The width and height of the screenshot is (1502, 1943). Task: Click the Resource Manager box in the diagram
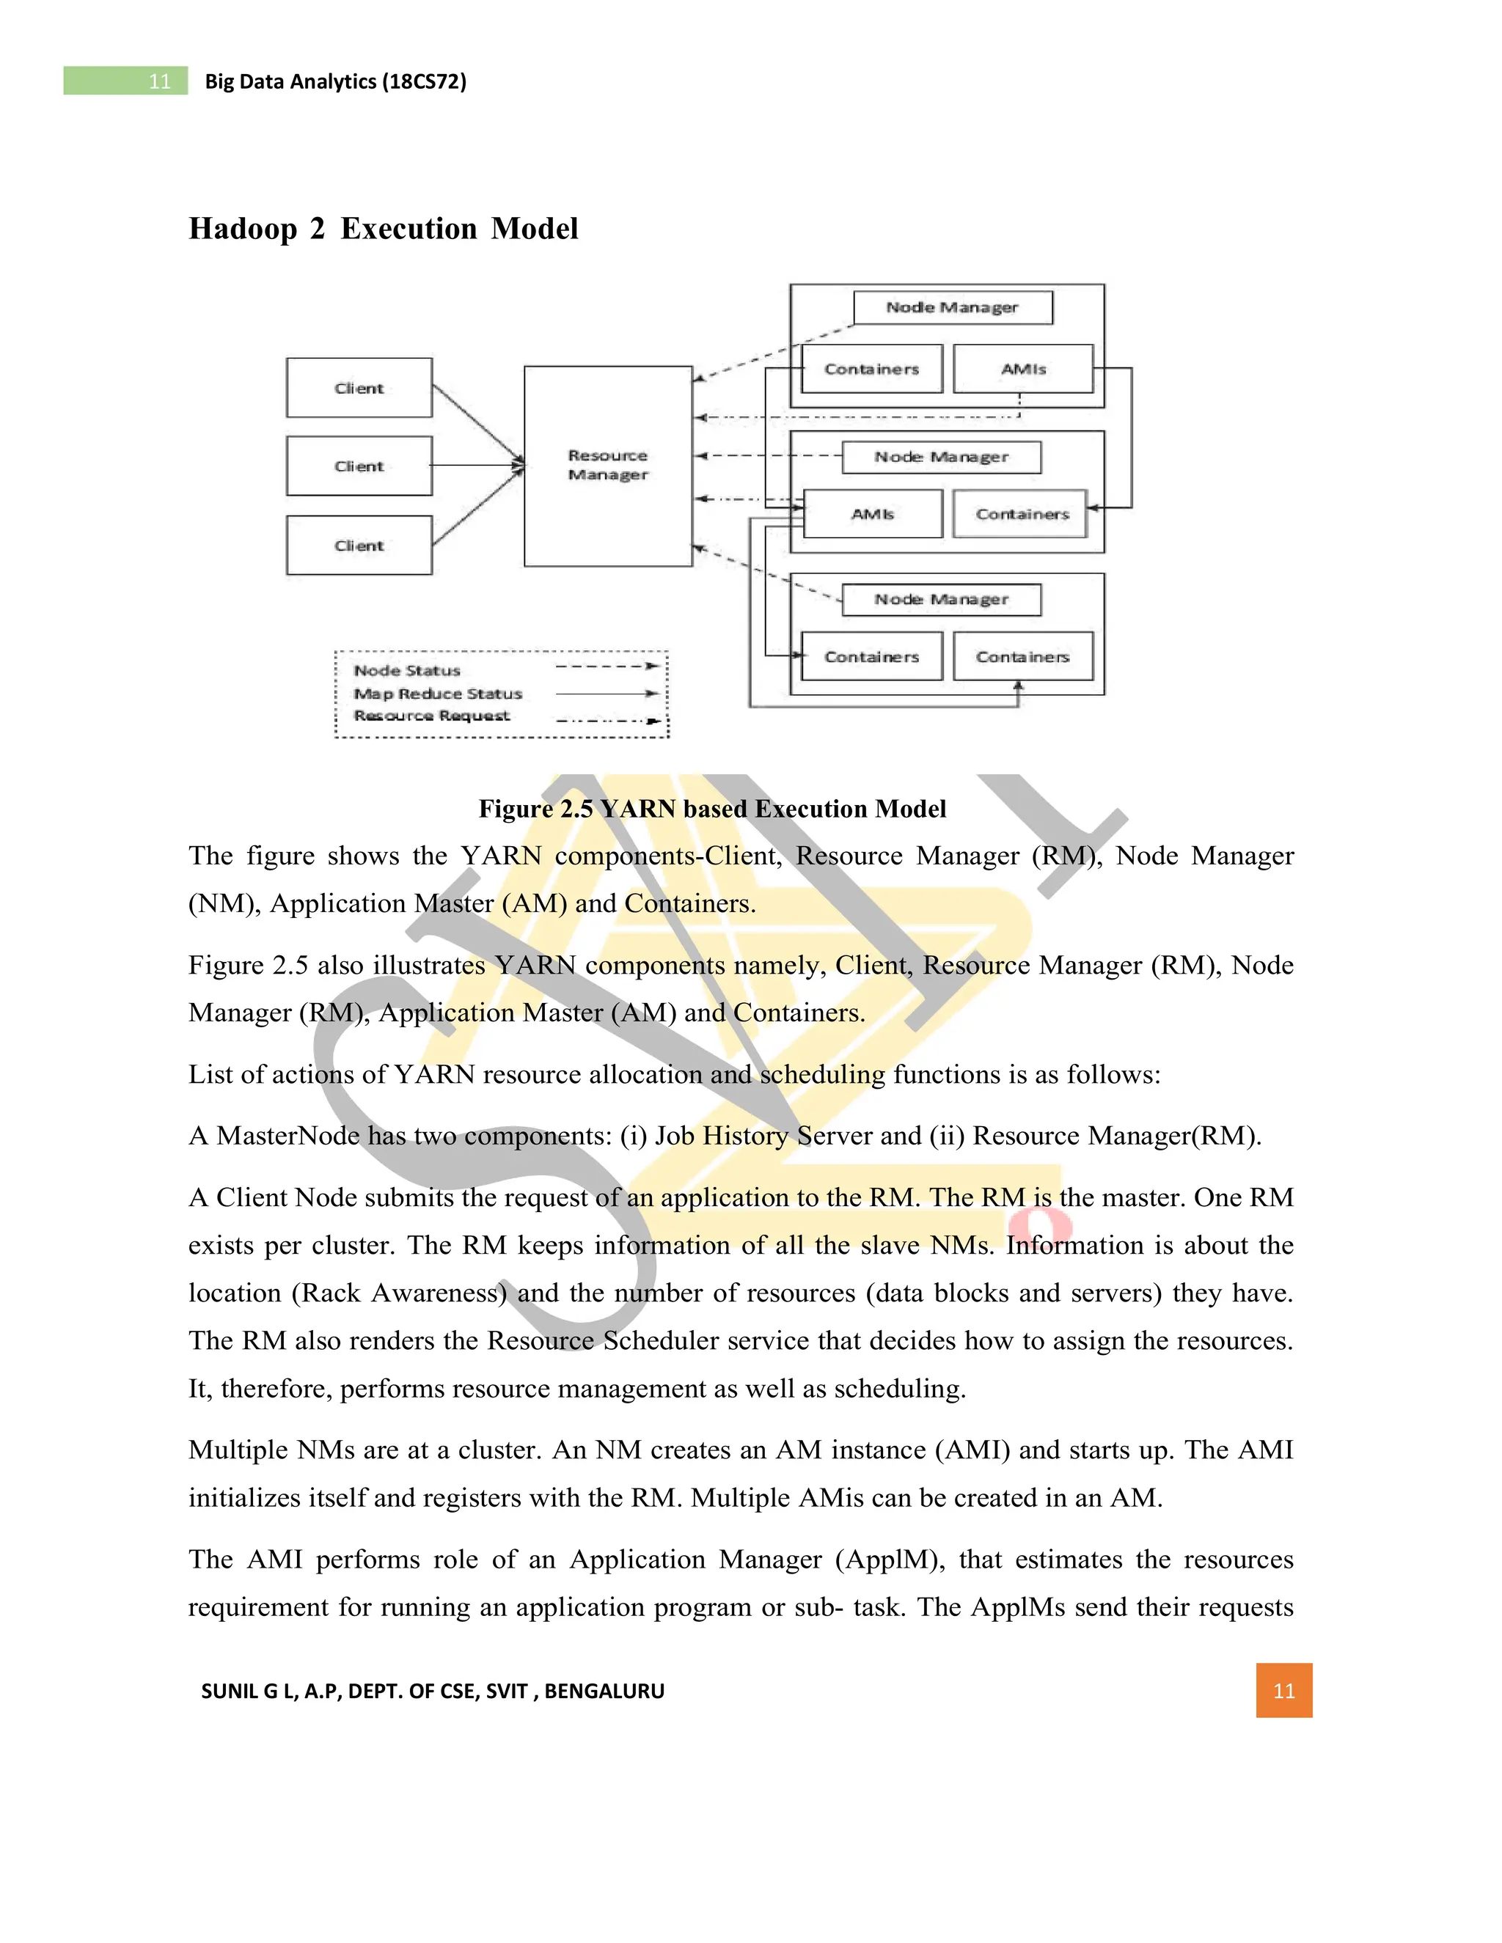click(608, 466)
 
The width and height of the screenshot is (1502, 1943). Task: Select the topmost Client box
click(359, 388)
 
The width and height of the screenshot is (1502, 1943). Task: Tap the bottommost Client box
click(359, 546)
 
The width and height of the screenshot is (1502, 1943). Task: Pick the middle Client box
click(359, 466)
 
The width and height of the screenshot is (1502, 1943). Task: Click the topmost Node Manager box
click(952, 308)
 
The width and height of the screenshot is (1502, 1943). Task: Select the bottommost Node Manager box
click(942, 600)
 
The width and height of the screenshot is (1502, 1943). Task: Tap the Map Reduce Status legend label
click(438, 694)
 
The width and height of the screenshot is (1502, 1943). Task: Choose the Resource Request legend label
click(431, 716)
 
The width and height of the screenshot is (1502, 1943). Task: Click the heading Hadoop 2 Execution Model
click(384, 229)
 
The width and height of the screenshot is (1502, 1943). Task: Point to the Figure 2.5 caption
click(712, 809)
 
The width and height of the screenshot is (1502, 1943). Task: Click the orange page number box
click(1283, 1690)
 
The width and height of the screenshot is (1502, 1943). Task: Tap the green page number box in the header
click(125, 81)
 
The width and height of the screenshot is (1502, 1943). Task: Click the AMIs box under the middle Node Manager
click(872, 514)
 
